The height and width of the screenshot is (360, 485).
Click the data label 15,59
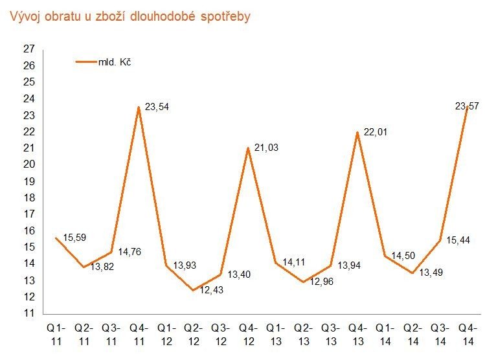[73, 237]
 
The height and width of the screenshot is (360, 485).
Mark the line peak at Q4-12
[248, 148]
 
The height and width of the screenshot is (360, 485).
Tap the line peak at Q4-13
[357, 132]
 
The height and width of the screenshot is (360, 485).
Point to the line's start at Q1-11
[56, 238]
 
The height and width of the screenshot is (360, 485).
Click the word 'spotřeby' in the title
[227, 17]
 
